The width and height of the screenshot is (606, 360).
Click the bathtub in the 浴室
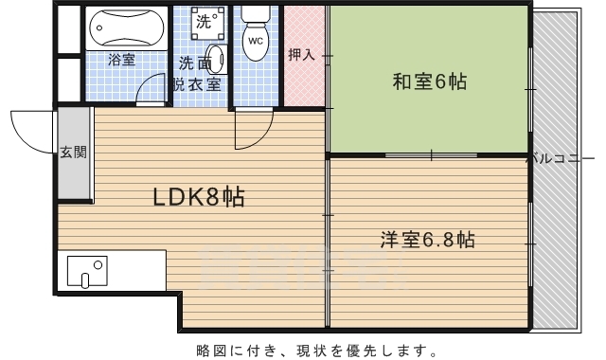(x=126, y=28)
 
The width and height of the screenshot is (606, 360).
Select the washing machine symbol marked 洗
(x=207, y=23)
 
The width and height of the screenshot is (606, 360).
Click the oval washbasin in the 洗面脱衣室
(x=217, y=59)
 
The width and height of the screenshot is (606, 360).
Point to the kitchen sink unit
(x=87, y=272)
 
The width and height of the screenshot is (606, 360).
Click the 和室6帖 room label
(x=429, y=82)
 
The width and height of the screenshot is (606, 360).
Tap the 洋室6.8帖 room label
(x=427, y=240)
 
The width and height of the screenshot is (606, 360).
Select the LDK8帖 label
(x=199, y=197)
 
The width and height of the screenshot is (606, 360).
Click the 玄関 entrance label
(x=73, y=153)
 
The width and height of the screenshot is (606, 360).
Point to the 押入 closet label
(x=301, y=55)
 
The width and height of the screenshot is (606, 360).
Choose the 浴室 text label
(x=122, y=60)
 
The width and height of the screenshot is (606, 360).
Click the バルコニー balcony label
(x=561, y=158)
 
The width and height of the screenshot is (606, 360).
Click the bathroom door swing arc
(x=144, y=82)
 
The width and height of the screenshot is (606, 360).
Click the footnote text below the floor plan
(x=317, y=351)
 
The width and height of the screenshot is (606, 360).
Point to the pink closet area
(x=304, y=55)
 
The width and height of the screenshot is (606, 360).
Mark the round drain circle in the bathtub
(x=99, y=27)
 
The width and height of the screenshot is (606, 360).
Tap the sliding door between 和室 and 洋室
(x=432, y=155)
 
